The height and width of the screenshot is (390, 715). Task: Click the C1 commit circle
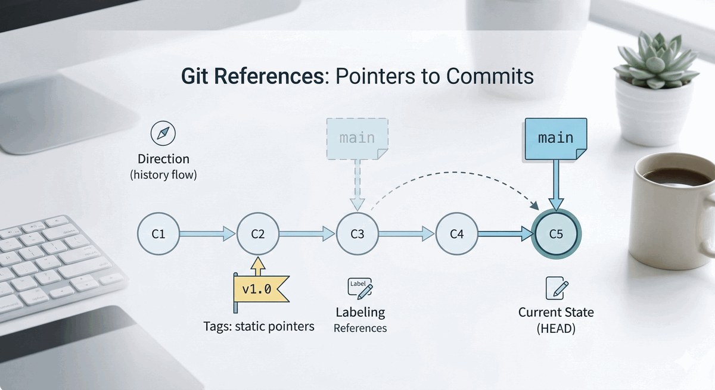pyautogui.click(x=158, y=234)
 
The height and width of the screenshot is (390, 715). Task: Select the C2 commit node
pyautogui.click(x=258, y=234)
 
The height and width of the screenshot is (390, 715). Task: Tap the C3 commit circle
pyautogui.click(x=357, y=234)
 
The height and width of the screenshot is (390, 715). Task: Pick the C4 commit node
pyautogui.click(x=457, y=234)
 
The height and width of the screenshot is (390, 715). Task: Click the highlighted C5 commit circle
pyautogui.click(x=556, y=234)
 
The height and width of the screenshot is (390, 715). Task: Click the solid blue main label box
pyautogui.click(x=556, y=139)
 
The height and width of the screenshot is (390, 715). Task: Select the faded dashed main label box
pyautogui.click(x=357, y=139)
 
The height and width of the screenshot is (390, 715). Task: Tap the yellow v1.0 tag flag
pyautogui.click(x=261, y=289)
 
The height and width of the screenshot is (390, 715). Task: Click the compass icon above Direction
pyautogui.click(x=163, y=133)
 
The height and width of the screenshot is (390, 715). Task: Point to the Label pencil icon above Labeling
pyautogui.click(x=360, y=288)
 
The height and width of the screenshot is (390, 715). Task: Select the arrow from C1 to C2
pyautogui.click(x=207, y=234)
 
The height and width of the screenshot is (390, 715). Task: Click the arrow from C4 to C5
pyautogui.click(x=506, y=234)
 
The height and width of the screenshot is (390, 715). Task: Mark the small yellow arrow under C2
pyautogui.click(x=258, y=266)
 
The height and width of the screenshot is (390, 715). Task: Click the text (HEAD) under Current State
pyautogui.click(x=556, y=328)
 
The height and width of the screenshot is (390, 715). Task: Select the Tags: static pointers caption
pyautogui.click(x=259, y=326)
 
